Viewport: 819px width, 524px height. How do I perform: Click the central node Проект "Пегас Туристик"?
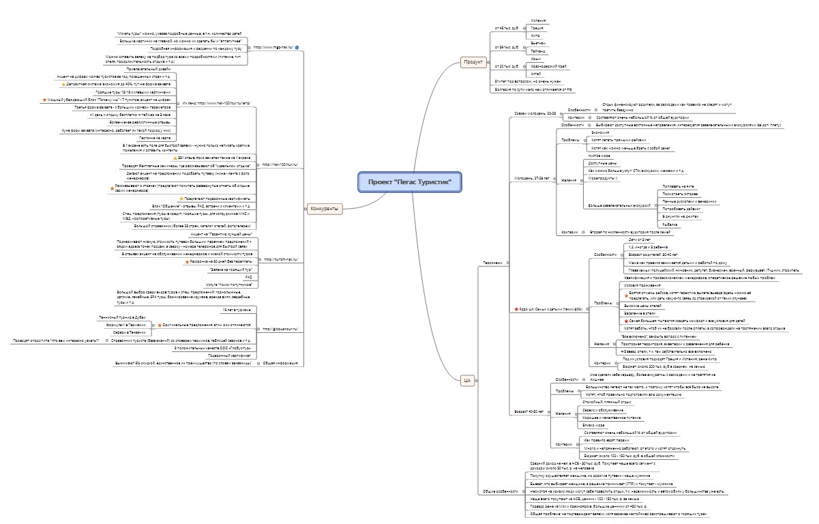click(409, 182)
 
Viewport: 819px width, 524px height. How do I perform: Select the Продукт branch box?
click(473, 62)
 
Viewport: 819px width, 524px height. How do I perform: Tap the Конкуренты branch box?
click(324, 209)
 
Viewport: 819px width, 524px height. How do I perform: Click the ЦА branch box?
click(467, 381)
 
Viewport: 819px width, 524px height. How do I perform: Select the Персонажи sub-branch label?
click(493, 263)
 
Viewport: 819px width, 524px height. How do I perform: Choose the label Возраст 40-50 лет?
click(528, 411)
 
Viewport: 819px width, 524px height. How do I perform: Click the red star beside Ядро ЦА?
click(515, 310)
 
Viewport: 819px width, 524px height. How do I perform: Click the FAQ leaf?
click(248, 277)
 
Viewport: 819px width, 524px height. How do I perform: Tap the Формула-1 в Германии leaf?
click(132, 325)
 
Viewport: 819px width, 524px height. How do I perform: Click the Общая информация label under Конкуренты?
click(279, 363)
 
